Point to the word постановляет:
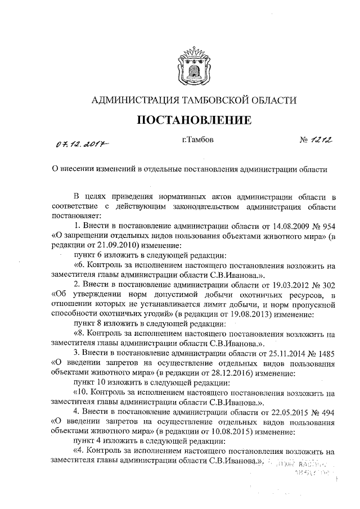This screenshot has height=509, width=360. click(x=78, y=215)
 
